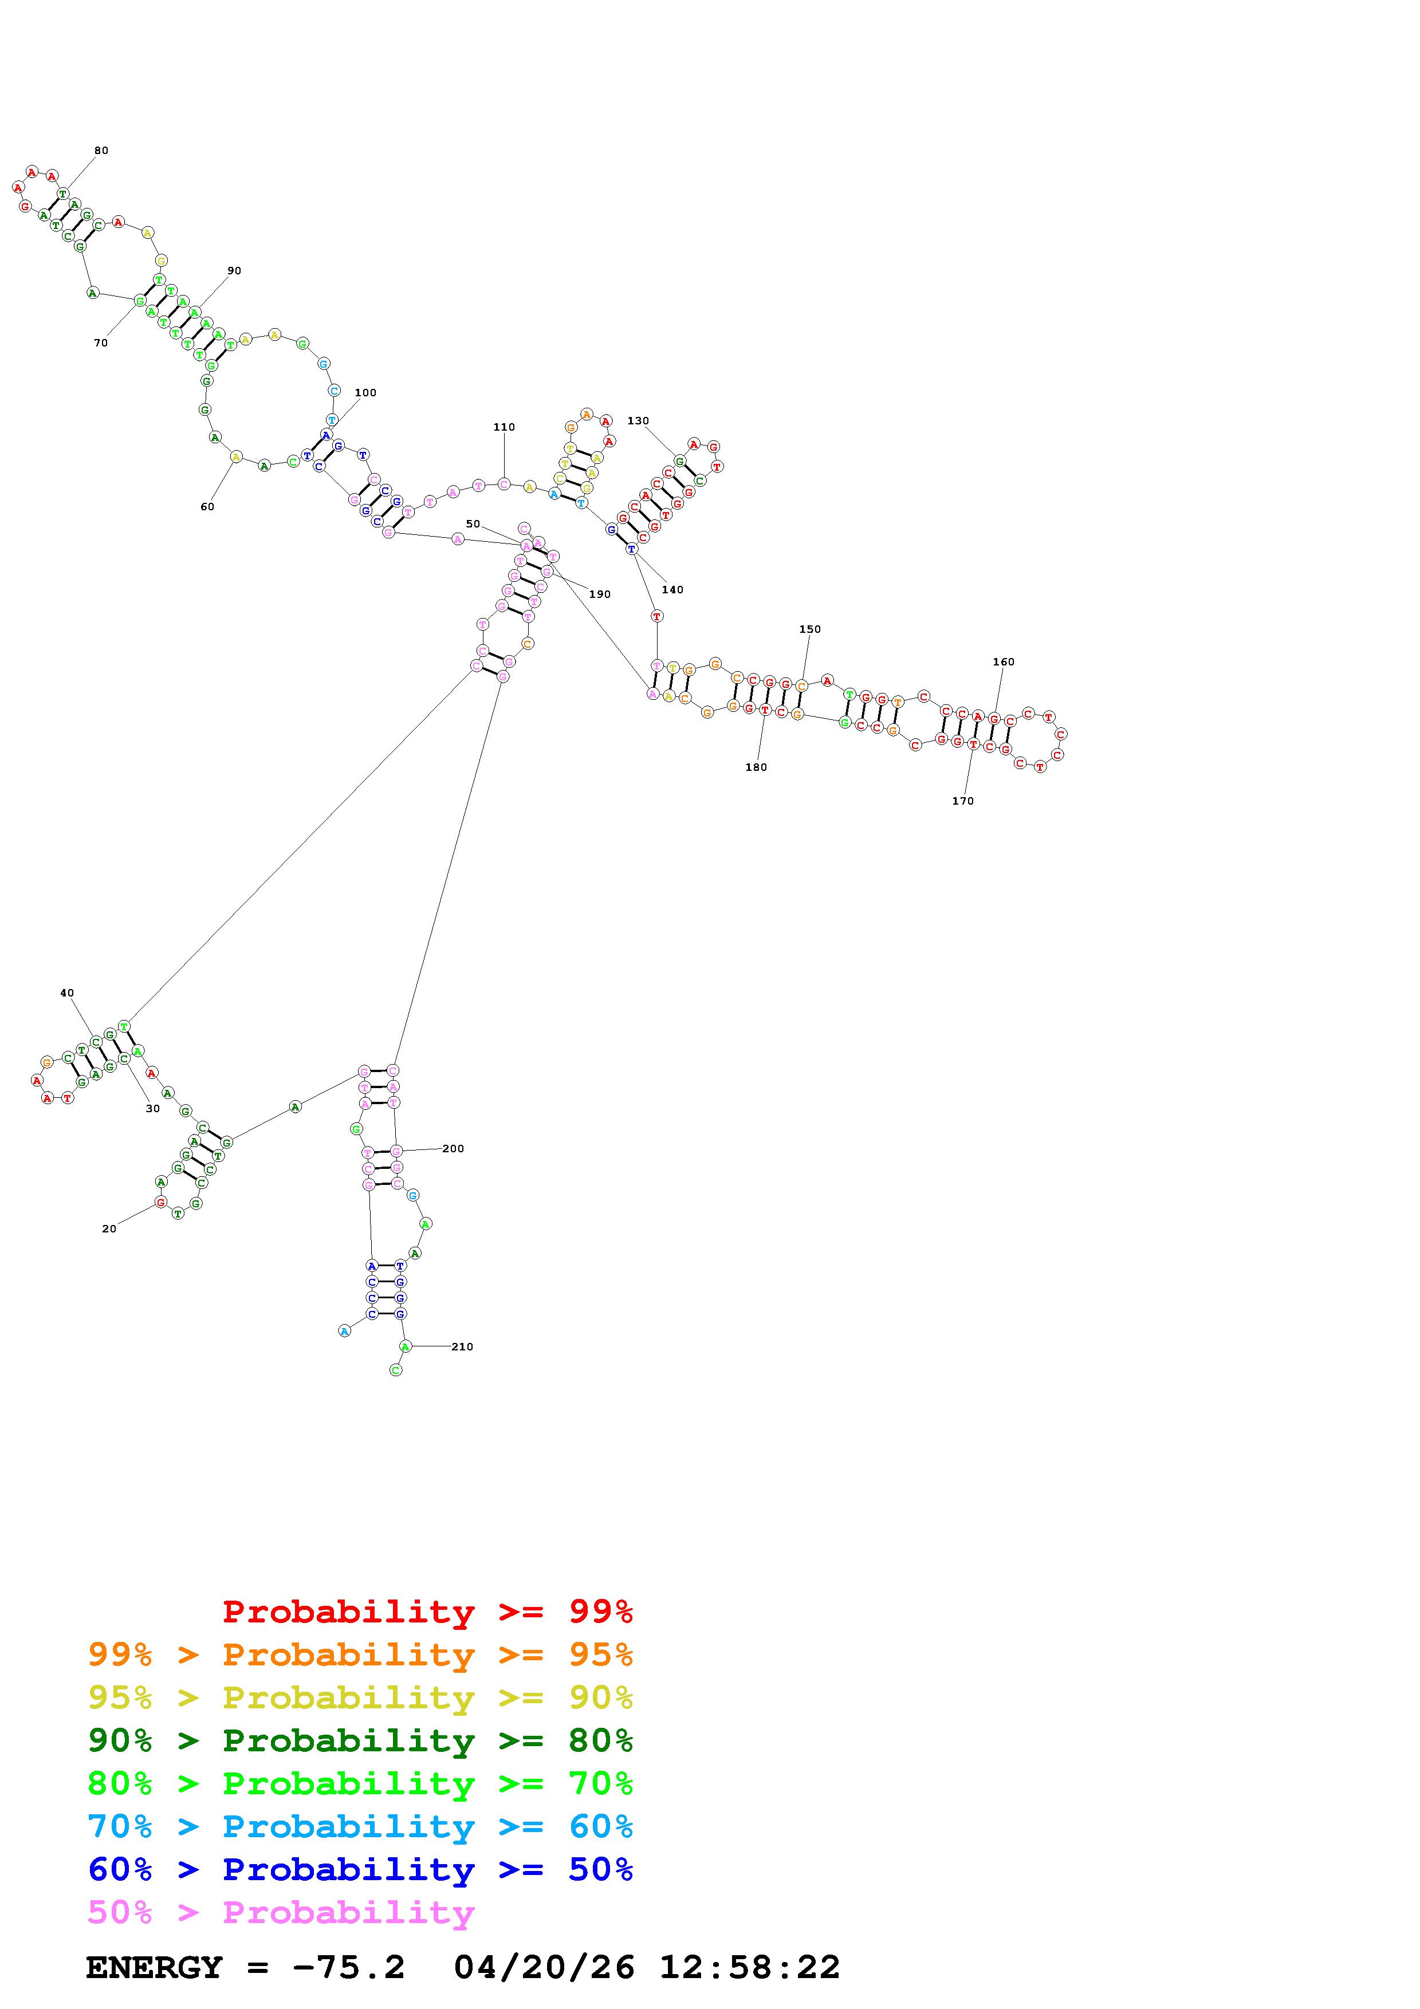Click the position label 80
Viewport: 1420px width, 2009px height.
point(101,151)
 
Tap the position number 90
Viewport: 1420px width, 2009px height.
point(234,270)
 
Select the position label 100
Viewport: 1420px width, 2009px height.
point(365,393)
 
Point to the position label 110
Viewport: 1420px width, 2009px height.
point(504,427)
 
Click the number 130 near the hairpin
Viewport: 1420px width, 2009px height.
point(638,421)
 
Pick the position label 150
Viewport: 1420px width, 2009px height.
point(810,629)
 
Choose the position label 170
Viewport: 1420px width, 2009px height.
point(962,801)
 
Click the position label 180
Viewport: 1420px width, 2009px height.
point(756,767)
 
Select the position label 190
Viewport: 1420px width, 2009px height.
point(599,594)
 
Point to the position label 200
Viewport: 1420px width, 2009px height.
point(453,1148)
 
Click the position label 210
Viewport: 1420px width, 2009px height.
point(462,1346)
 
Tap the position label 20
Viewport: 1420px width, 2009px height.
point(108,1228)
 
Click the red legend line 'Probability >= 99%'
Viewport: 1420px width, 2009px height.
point(427,1612)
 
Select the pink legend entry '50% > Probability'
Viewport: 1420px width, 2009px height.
point(281,1913)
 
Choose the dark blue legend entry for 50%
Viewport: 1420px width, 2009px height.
point(360,1869)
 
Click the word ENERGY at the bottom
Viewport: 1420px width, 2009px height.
point(154,1967)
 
